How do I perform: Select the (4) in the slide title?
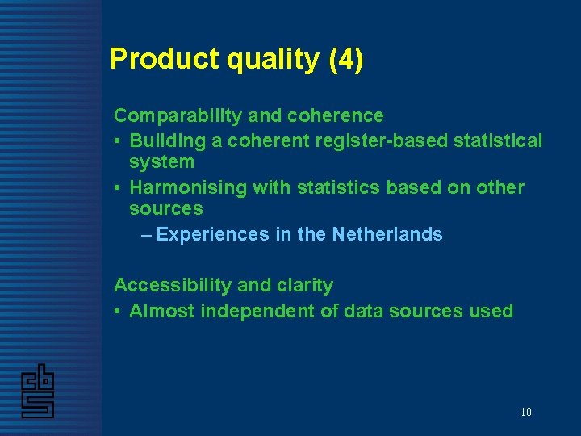click(x=346, y=59)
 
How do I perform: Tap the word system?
click(x=161, y=161)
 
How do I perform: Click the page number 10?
click(x=525, y=412)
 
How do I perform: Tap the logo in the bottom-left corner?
click(x=38, y=392)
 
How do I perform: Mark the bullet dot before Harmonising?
click(x=118, y=188)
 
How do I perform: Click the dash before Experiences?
click(x=145, y=234)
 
